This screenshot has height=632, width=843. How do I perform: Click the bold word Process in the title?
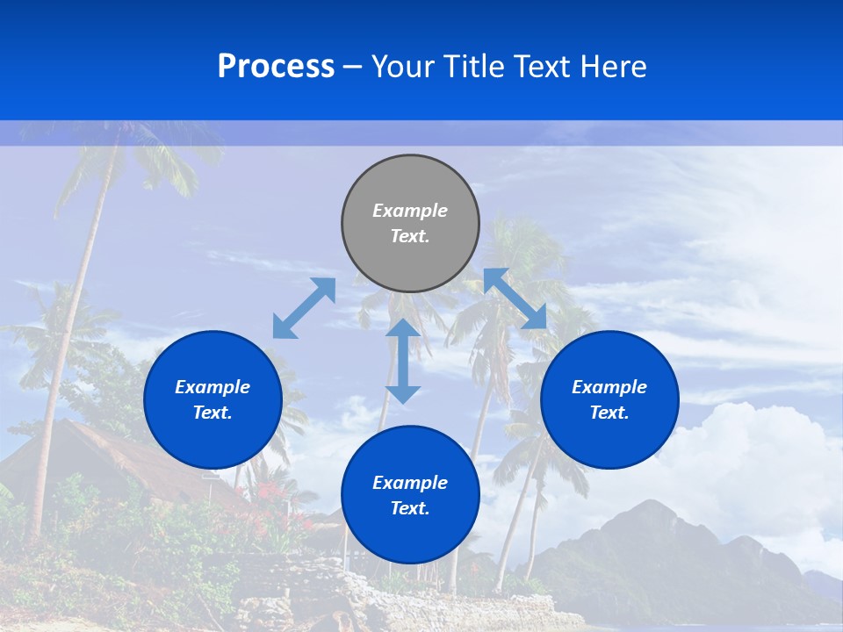(x=276, y=67)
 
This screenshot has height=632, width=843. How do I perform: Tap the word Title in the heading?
(x=471, y=67)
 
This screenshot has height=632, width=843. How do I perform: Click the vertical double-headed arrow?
(x=403, y=361)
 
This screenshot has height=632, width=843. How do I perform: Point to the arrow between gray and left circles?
(x=304, y=308)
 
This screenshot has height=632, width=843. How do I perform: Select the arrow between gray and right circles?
(x=515, y=299)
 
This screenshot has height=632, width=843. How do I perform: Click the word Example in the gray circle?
(x=410, y=211)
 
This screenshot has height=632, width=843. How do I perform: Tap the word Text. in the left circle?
(x=213, y=413)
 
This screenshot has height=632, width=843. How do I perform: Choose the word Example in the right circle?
(x=609, y=387)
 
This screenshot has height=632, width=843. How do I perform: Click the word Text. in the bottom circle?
(x=410, y=508)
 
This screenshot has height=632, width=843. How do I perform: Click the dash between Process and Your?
(x=353, y=67)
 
